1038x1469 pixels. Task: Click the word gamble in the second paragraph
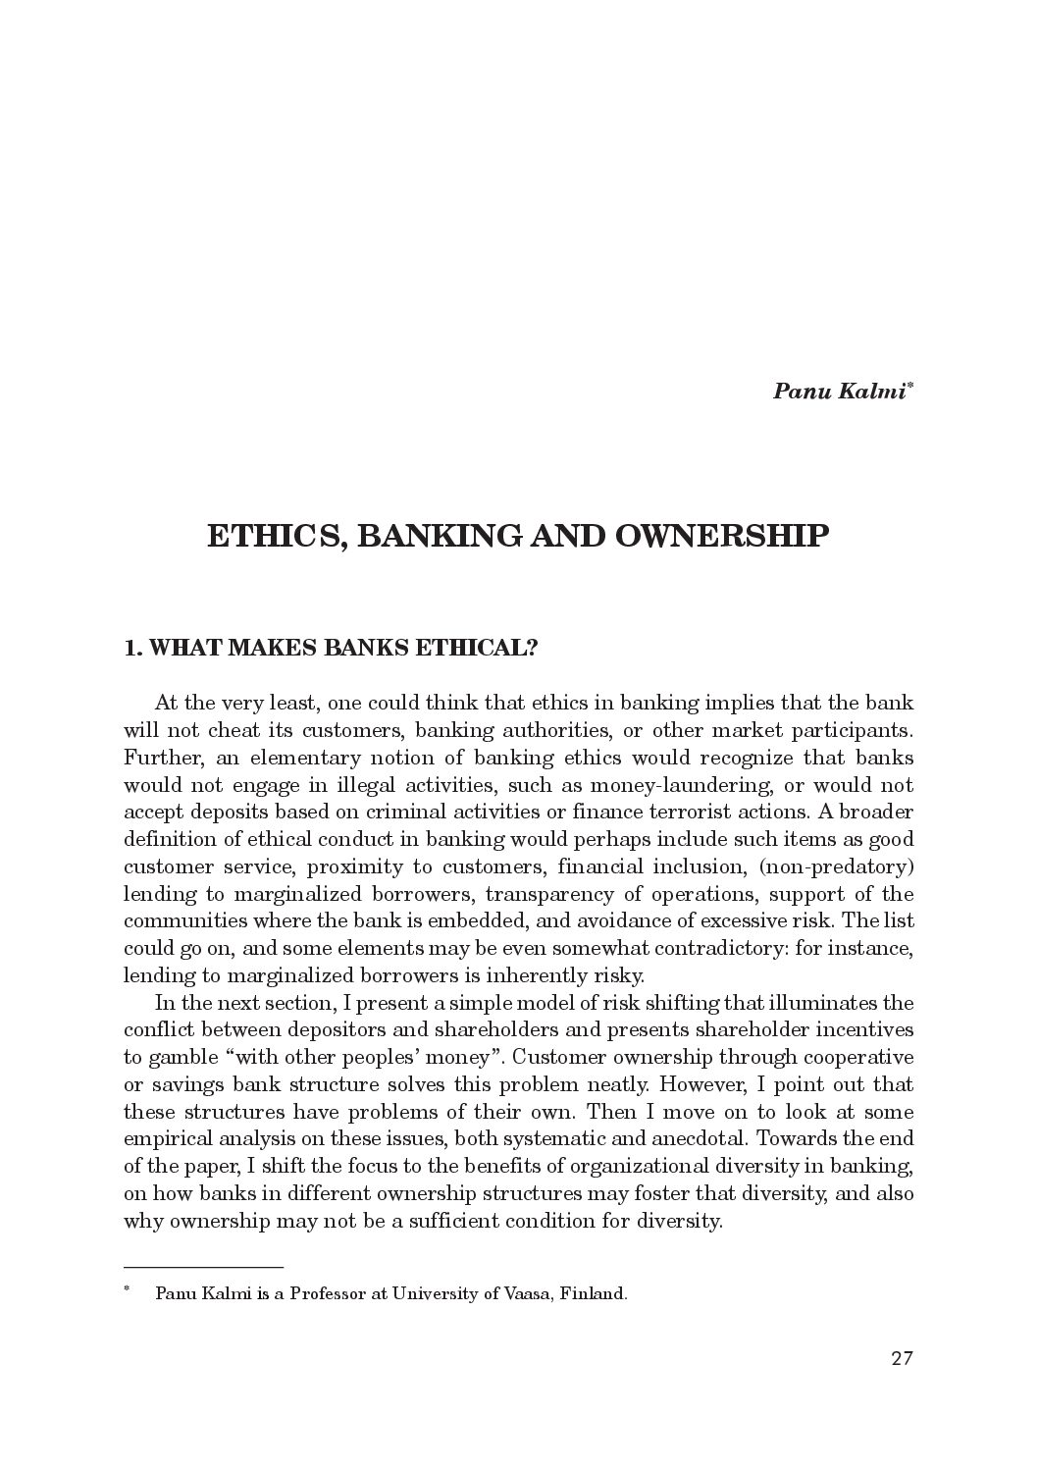point(184,1058)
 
